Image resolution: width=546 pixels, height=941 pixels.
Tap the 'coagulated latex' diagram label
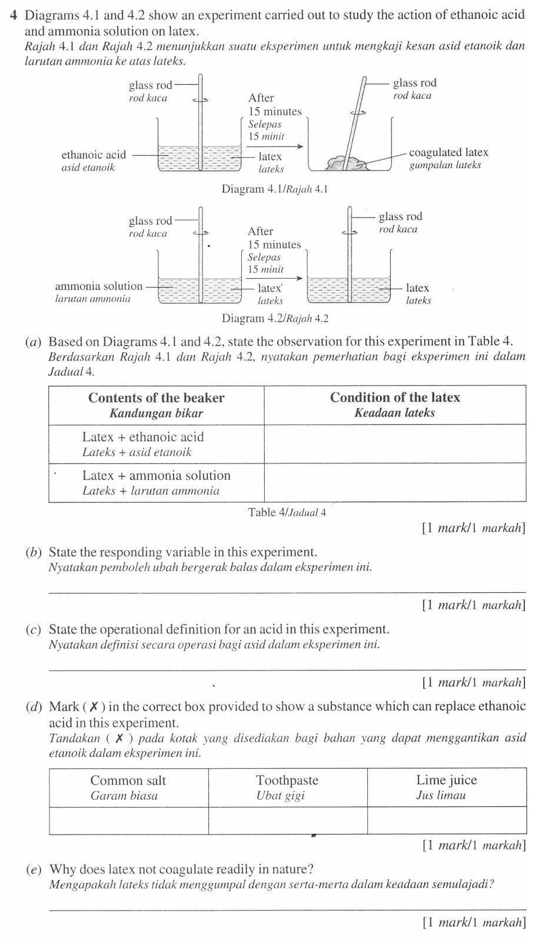pyautogui.click(x=448, y=153)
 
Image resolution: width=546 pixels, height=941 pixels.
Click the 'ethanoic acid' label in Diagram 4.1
pyautogui.click(x=94, y=155)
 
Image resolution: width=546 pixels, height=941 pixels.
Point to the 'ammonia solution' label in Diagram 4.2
pyautogui.click(x=98, y=286)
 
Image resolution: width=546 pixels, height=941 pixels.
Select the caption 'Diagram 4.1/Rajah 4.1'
pyautogui.click(x=274, y=189)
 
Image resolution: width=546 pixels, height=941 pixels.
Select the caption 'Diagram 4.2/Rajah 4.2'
pyautogui.click(x=275, y=319)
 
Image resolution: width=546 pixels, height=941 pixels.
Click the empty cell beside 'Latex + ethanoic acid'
pyautogui.click(x=394, y=443)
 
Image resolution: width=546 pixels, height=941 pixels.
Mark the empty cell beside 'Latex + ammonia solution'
pyautogui.click(x=394, y=482)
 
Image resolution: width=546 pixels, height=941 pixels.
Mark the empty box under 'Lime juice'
pyautogui.click(x=447, y=820)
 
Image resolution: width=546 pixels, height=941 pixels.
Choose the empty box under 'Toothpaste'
pyautogui.click(x=287, y=820)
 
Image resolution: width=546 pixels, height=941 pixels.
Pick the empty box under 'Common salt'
pyautogui.click(x=128, y=820)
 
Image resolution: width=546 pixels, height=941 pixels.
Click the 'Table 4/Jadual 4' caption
pyautogui.click(x=287, y=512)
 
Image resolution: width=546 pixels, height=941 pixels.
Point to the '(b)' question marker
pyautogui.click(x=34, y=552)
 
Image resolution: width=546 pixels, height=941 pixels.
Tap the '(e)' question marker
pyautogui.click(x=34, y=869)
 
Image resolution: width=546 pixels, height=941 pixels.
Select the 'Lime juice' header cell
pyautogui.click(x=447, y=787)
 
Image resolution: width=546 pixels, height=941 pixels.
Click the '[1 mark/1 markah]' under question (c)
pyautogui.click(x=473, y=682)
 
